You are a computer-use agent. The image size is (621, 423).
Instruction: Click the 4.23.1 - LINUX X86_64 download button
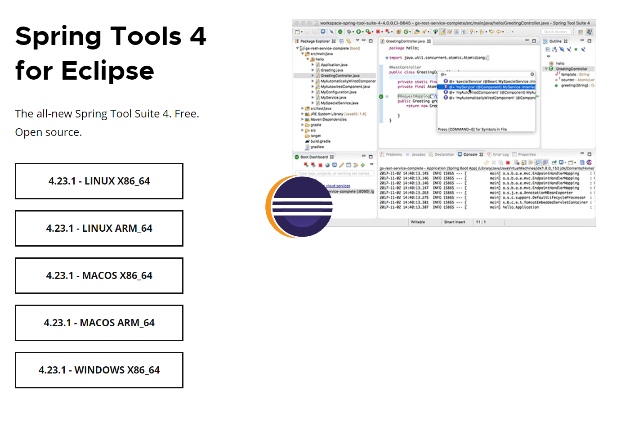[99, 181]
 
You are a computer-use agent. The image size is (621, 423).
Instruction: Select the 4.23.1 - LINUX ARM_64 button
[99, 228]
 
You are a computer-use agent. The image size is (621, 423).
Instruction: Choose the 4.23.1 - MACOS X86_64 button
[99, 275]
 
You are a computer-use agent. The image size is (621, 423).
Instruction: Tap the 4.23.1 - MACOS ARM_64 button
[99, 323]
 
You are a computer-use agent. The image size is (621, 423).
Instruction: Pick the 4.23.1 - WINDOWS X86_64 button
[99, 370]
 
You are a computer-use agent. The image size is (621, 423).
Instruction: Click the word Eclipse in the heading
[107, 71]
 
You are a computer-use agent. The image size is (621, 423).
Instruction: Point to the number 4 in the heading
[197, 36]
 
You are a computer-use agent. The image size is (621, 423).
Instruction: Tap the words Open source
[49, 132]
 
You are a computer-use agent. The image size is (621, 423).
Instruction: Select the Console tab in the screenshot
[470, 154]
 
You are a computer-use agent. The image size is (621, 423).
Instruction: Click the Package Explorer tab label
[315, 41]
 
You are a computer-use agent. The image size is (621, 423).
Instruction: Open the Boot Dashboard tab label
[314, 157]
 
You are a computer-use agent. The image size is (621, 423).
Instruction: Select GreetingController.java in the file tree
[340, 76]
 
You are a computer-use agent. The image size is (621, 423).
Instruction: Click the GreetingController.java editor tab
[405, 41]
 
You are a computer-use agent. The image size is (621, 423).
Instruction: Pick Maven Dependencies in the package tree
[328, 119]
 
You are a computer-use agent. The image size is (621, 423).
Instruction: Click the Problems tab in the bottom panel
[393, 154]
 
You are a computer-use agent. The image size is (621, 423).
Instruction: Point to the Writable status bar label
[418, 222]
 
